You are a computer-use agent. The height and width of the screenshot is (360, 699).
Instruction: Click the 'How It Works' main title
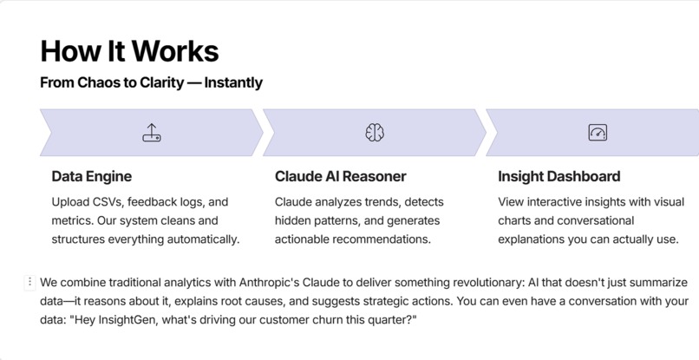129,50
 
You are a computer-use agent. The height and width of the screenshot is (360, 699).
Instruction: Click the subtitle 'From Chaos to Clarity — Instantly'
151,83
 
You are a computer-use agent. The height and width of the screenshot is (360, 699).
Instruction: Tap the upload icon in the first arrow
152,133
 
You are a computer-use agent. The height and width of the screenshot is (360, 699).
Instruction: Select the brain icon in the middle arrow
375,133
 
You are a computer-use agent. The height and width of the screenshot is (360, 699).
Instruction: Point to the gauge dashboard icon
598,133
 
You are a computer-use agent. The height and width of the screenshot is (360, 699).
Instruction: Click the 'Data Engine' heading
92,177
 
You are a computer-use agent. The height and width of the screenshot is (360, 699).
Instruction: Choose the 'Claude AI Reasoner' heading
340,177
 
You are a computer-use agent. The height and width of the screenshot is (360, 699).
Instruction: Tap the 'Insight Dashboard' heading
559,177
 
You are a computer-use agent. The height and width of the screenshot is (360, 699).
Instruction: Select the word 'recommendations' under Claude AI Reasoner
382,239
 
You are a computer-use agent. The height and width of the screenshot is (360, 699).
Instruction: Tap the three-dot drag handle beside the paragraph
30,282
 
